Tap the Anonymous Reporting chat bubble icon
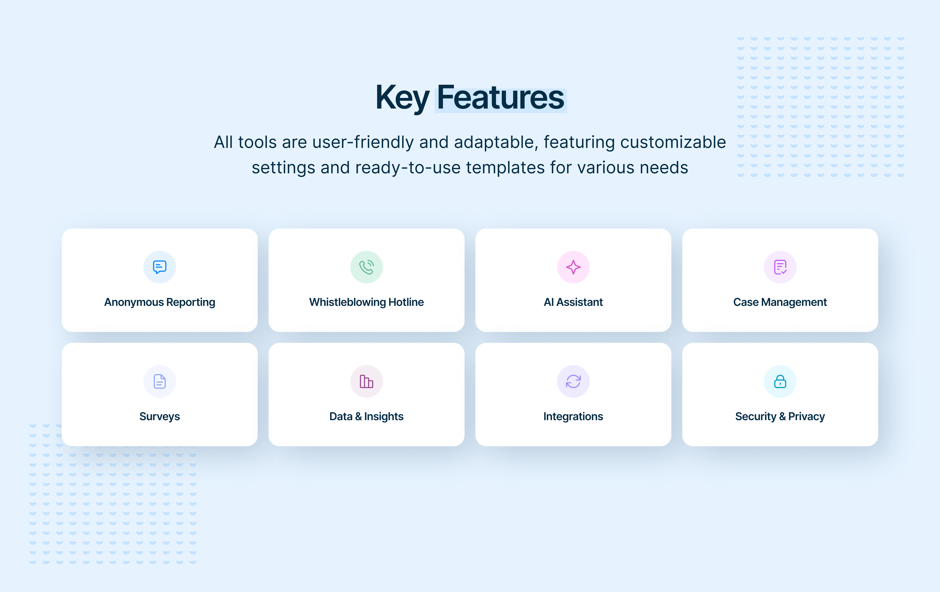pyautogui.click(x=160, y=267)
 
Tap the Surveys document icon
pyautogui.click(x=160, y=381)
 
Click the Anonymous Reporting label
pyautogui.click(x=160, y=302)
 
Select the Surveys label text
pyautogui.click(x=160, y=416)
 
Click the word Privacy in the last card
pyautogui.click(x=806, y=416)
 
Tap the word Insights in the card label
pyautogui.click(x=384, y=416)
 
